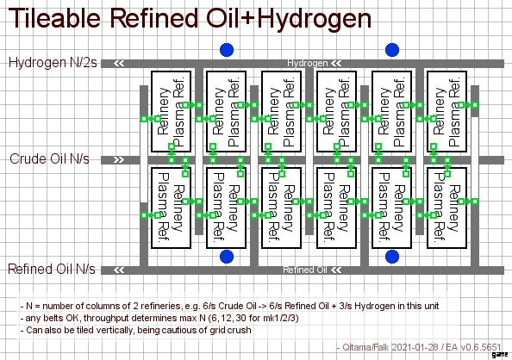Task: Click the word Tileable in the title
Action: coord(54,18)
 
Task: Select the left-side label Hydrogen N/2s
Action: coord(53,62)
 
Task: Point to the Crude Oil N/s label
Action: coord(49,159)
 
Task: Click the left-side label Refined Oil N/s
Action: coord(52,270)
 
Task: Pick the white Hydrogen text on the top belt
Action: coord(307,63)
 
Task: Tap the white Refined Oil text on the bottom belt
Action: coord(304,270)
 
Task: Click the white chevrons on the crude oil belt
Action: coord(119,160)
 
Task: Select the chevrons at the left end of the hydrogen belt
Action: coord(119,64)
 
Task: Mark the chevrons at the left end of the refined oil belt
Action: coord(119,270)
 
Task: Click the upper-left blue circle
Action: coord(227,50)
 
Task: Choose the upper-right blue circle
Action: coord(392,50)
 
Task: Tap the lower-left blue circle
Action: coord(227,257)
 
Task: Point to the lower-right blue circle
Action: coord(392,257)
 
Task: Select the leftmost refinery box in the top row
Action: coord(172,111)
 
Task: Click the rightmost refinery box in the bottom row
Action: coord(447,208)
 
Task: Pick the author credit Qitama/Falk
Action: coord(365,347)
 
